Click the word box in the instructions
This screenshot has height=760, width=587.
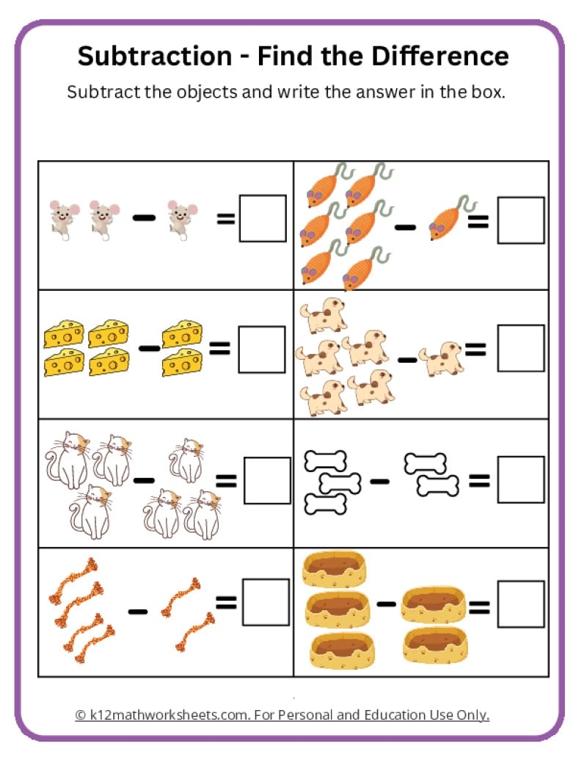(486, 93)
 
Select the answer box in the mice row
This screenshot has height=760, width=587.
(263, 218)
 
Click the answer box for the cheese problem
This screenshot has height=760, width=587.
(261, 349)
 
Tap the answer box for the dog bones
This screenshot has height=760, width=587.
(520, 479)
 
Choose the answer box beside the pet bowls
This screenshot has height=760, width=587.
(520, 604)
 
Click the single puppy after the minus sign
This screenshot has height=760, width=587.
(442, 359)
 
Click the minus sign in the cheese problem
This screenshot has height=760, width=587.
(149, 347)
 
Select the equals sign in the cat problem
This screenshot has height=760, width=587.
(226, 481)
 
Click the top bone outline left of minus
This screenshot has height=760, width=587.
(324, 462)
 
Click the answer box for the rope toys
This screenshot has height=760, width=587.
(266, 603)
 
